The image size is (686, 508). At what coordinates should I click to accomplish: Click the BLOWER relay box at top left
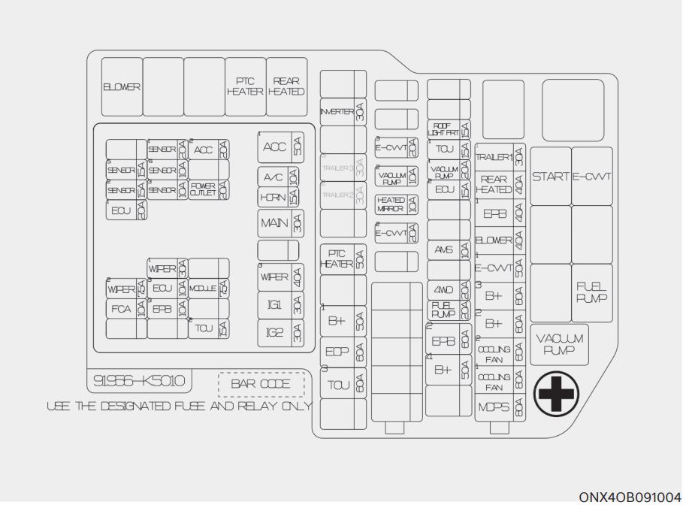coord(122,87)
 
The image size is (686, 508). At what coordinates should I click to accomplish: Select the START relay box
coord(551,177)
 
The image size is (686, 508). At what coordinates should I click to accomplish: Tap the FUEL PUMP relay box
coord(592,292)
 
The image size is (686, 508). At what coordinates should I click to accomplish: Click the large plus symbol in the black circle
coord(557,393)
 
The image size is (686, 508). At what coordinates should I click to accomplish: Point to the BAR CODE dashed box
coord(261,384)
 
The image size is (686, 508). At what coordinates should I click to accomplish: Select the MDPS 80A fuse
coord(500,407)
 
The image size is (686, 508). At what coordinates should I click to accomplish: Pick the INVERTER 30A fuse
coord(343,112)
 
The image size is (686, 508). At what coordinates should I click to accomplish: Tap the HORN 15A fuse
coord(279,197)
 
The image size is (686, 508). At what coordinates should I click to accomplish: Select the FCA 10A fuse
coord(125,309)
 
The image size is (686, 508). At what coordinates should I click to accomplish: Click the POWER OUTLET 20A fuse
coord(209,189)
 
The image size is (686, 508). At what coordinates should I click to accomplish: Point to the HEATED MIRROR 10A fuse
coord(396,204)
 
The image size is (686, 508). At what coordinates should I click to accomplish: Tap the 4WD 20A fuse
coord(449,289)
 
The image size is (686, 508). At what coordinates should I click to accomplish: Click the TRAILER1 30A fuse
coord(500,157)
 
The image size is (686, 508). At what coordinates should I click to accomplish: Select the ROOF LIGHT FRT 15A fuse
coord(449,129)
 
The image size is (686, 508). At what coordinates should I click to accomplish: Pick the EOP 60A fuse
coord(343,352)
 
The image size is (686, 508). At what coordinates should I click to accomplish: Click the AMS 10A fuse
coord(449,250)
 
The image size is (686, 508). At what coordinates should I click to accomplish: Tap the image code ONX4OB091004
coord(630,497)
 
